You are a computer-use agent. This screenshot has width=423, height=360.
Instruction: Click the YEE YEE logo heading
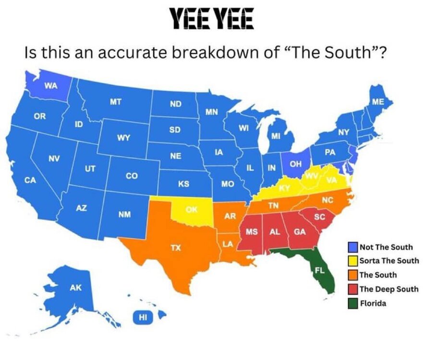coord(212,19)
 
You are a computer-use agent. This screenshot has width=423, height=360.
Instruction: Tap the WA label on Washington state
coord(51,86)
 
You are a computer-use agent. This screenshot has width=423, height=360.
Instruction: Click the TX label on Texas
coord(176,248)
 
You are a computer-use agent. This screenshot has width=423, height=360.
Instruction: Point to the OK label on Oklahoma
coord(192,210)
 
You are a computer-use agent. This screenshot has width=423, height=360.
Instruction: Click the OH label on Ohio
coord(296,164)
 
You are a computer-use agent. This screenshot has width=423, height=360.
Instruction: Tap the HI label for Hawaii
coord(143,317)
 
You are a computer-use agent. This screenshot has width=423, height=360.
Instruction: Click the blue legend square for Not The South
coord(353,247)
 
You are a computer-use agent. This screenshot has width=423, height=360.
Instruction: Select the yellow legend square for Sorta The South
coord(353,261)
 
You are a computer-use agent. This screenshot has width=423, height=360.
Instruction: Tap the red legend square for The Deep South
coord(353,289)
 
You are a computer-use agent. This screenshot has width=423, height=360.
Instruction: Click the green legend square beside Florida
coord(353,303)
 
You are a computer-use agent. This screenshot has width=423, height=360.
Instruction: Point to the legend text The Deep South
coord(388,289)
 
